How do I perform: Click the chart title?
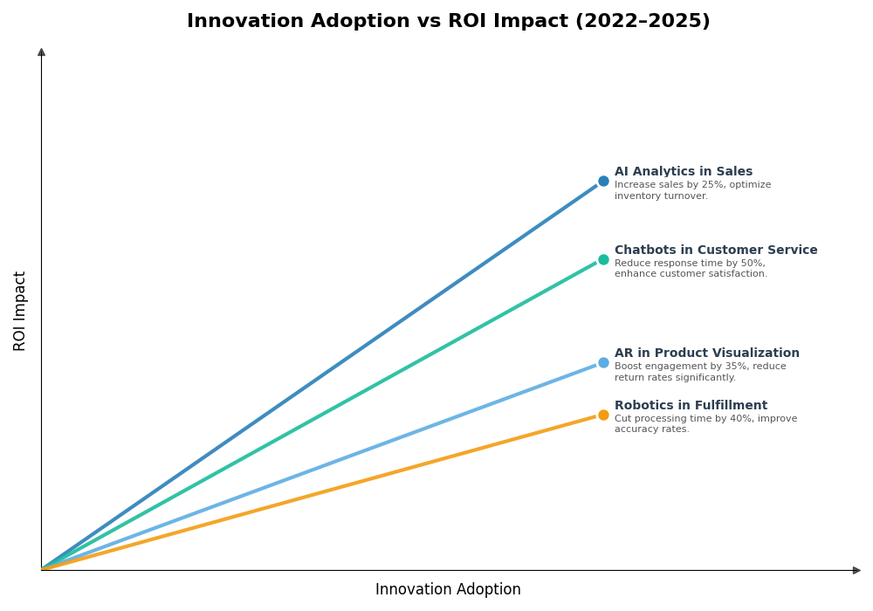coord(448,22)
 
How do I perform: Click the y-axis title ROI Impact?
coord(20,311)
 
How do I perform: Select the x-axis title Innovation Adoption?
coord(448,590)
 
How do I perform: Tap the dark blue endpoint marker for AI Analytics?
coord(603,182)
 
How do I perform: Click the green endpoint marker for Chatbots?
coord(603,259)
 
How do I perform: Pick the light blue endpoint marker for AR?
coord(603,363)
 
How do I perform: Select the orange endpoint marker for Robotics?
coord(603,415)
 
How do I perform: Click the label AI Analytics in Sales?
coord(683,172)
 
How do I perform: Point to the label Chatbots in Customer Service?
coord(716,251)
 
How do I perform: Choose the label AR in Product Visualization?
coord(706,354)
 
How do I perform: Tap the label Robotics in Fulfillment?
coord(691,406)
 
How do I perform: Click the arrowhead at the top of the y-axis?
coord(41,52)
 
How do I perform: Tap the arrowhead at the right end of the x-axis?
coord(856,570)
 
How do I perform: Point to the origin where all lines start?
coord(42,570)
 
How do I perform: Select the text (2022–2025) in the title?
coord(642,22)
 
